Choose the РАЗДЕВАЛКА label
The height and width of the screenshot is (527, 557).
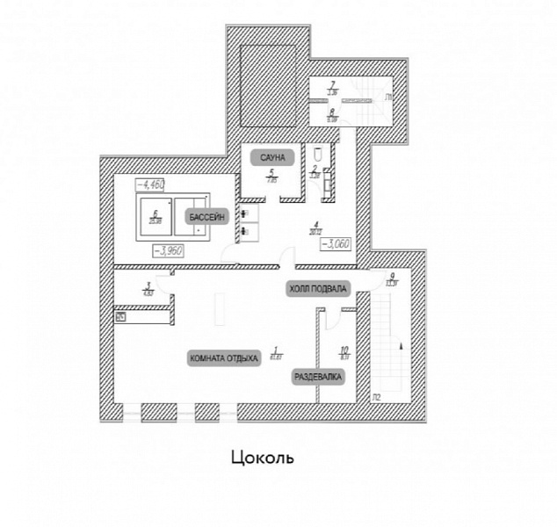[318, 377]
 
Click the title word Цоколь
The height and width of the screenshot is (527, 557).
[261, 458]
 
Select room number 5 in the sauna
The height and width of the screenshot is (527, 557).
[272, 172]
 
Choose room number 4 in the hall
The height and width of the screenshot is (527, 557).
[315, 224]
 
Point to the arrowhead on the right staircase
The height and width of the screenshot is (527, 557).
[401, 347]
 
